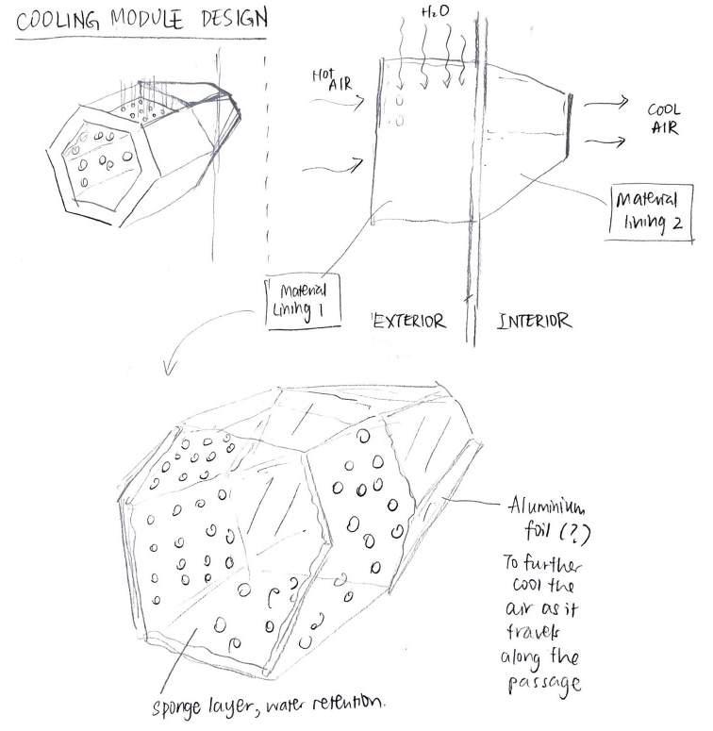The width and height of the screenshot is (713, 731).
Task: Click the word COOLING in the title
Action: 53,19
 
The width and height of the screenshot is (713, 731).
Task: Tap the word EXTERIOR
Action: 410,321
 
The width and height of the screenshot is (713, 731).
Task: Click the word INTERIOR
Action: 533,321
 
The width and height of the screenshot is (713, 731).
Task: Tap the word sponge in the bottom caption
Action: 185,705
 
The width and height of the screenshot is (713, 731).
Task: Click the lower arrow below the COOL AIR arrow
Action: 605,141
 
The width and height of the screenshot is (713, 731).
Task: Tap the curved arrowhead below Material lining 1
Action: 168,364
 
